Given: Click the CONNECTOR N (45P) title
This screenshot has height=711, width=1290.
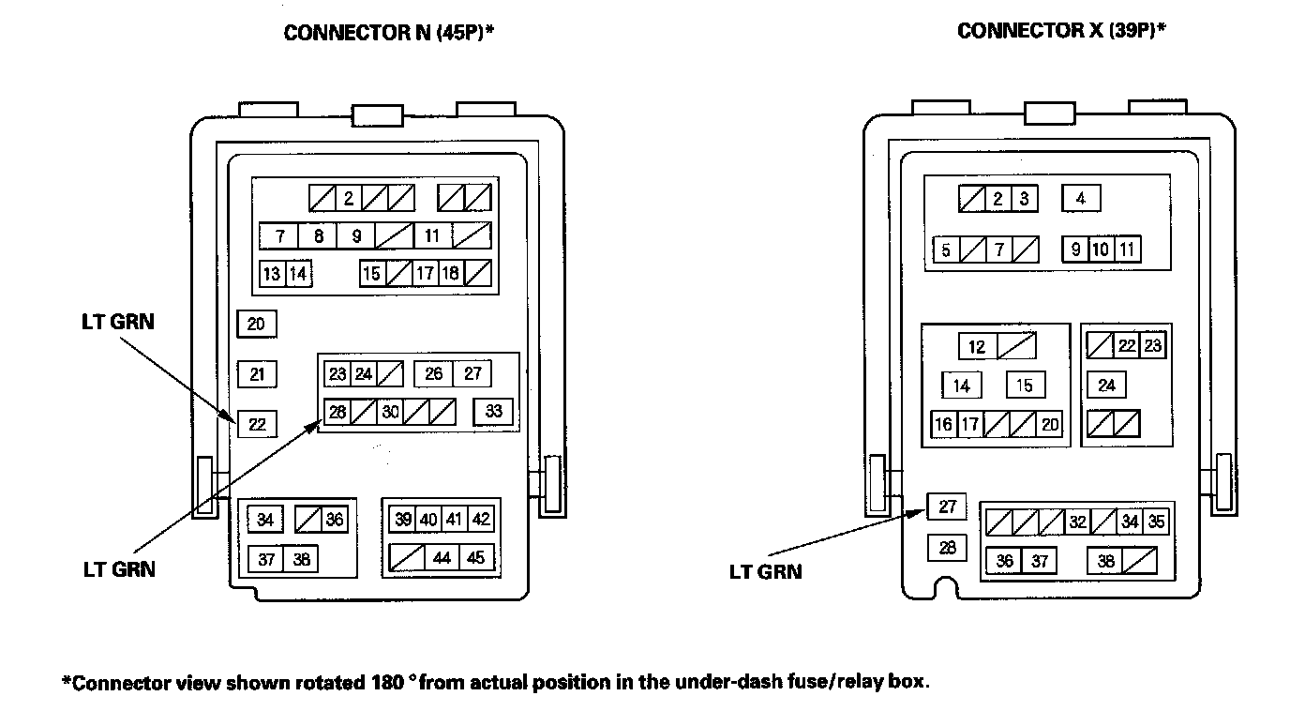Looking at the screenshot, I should tap(388, 33).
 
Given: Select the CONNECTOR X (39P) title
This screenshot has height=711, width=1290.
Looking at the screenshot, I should tap(1061, 31).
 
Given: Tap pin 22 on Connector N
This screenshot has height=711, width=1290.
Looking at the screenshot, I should tap(257, 424).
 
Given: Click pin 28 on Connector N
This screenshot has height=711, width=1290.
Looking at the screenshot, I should tap(337, 411).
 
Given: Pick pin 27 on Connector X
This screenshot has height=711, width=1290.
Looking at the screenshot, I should tap(947, 507).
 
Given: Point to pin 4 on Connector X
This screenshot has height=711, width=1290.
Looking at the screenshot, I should tap(1081, 199).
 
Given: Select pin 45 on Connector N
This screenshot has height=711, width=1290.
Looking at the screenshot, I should tap(475, 558).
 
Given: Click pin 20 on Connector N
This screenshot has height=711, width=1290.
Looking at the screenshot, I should tap(256, 325).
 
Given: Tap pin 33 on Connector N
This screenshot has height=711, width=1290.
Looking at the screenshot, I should tap(493, 411).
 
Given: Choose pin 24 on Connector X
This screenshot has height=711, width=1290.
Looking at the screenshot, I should tap(1107, 385).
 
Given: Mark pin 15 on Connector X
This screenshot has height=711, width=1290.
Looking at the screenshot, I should tap(1025, 385).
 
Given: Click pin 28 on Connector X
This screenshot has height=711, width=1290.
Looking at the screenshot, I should tap(947, 547).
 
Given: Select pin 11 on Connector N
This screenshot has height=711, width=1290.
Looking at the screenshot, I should tap(432, 235).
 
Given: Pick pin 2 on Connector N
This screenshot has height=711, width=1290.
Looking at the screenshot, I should tap(348, 198).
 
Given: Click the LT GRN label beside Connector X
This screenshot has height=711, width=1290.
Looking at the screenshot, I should tap(765, 571).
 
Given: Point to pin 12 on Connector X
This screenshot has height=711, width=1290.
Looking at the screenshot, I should tap(977, 347).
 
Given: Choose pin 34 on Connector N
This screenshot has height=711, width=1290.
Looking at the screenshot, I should tap(266, 520).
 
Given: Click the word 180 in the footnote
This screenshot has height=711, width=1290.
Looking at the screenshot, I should tap(375, 682).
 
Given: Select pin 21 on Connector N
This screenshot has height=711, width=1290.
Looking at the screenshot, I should tap(257, 374).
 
